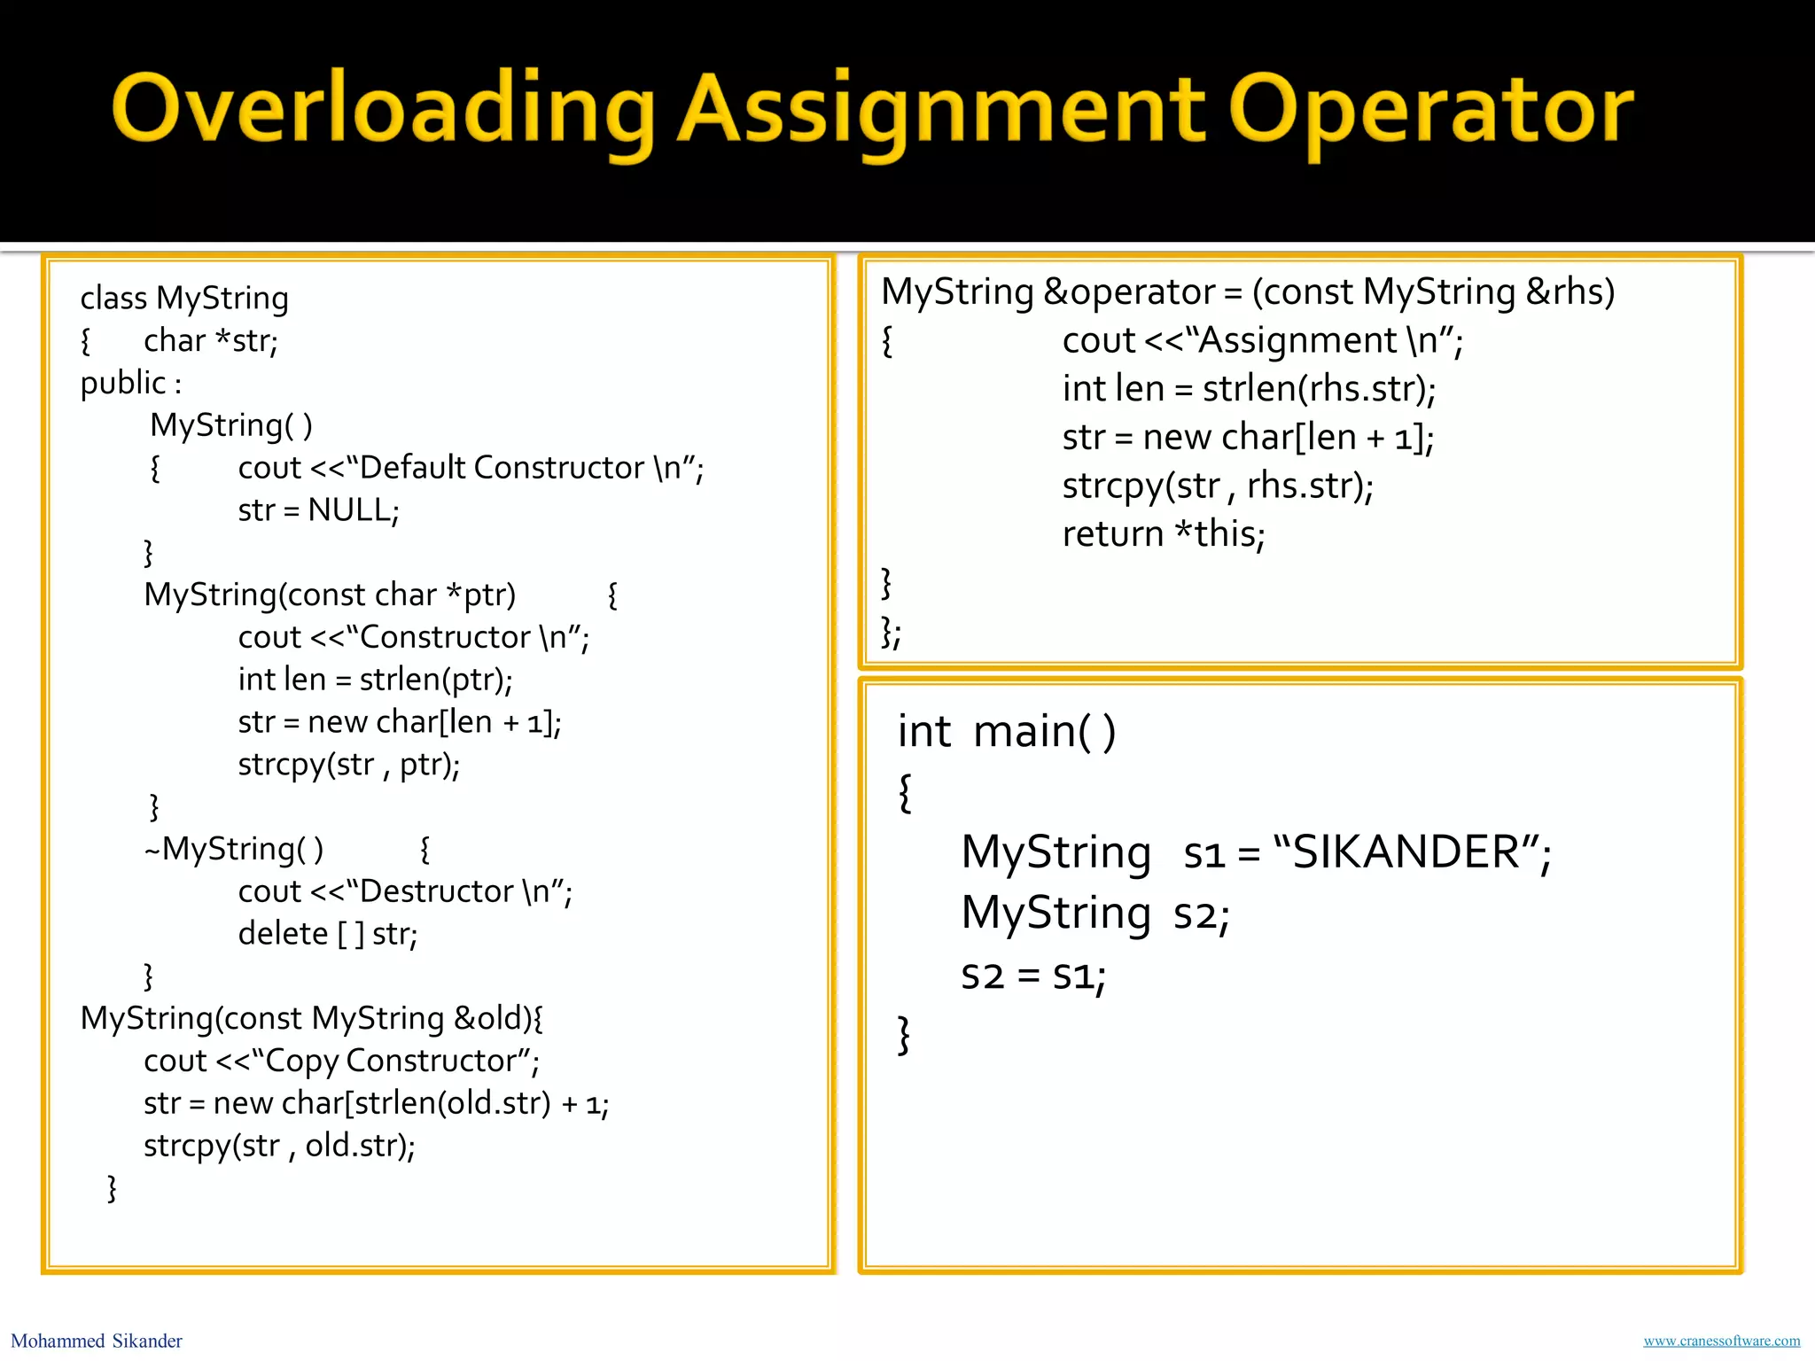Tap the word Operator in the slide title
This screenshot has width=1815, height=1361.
click(x=1430, y=111)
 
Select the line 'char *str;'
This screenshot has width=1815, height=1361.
click(x=211, y=341)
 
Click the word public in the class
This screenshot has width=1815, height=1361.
click(x=123, y=383)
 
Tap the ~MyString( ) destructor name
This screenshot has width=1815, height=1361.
click(x=234, y=850)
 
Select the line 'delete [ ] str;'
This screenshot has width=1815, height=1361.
click(x=328, y=934)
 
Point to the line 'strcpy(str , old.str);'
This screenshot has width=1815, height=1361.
click(x=279, y=1146)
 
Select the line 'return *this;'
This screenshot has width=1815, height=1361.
click(x=1164, y=534)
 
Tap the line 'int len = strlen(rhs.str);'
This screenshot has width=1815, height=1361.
click(x=1249, y=389)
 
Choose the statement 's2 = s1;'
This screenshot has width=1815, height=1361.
click(x=1033, y=976)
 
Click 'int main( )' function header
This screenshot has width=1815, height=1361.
click(x=1007, y=732)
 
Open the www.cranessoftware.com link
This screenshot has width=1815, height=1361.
click(x=1721, y=1341)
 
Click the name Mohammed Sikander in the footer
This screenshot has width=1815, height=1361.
click(x=97, y=1341)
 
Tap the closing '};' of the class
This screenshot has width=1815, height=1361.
click(x=891, y=633)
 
